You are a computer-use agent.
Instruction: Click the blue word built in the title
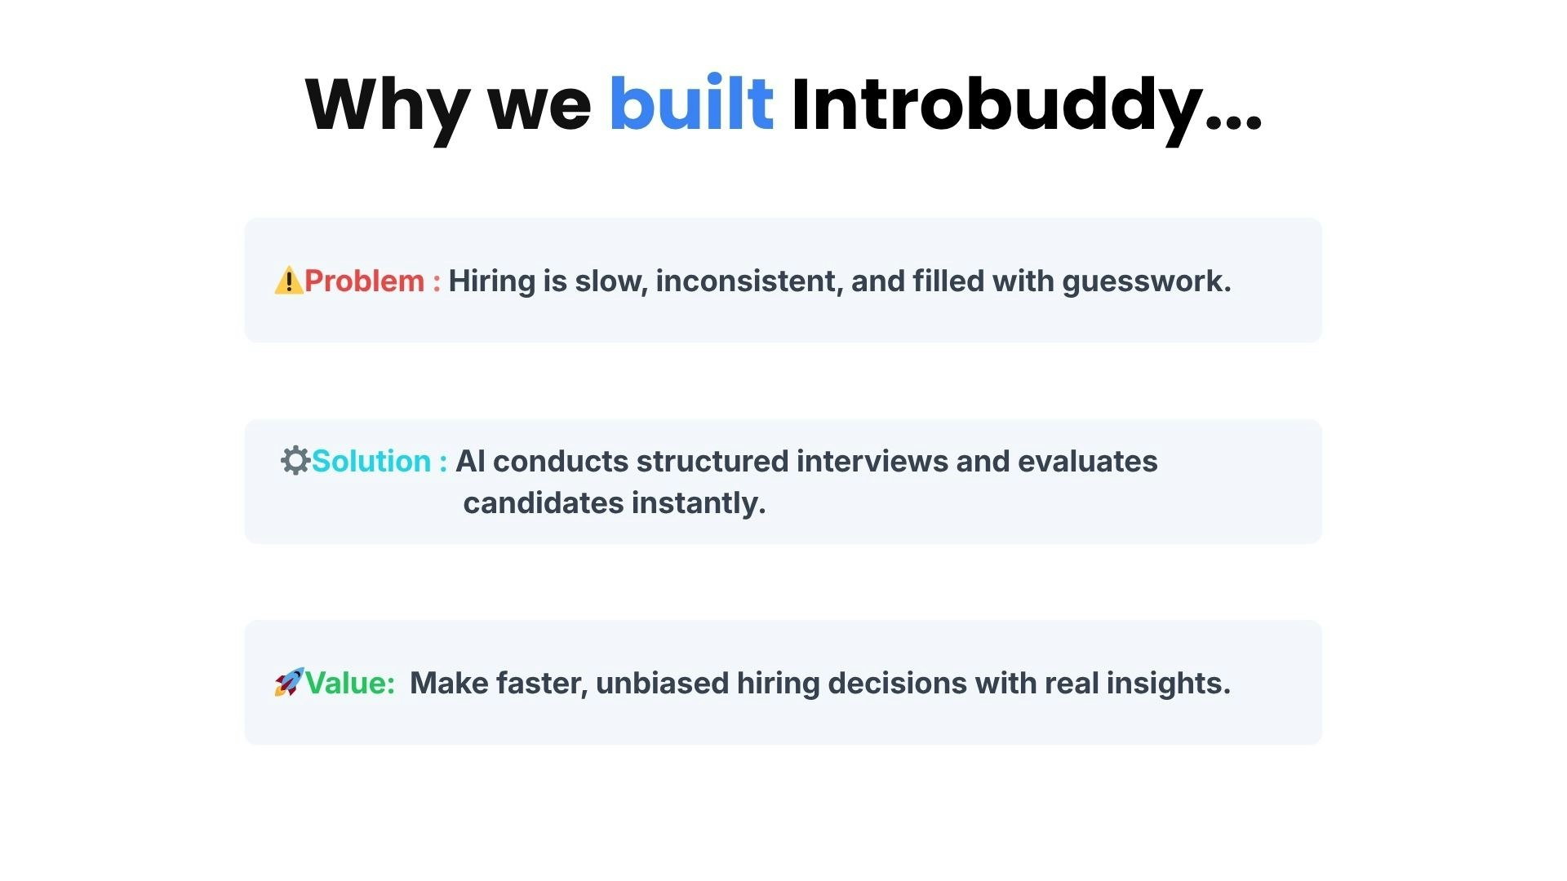690,104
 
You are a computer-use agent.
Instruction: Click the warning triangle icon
288,281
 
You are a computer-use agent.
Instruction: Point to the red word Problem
364,281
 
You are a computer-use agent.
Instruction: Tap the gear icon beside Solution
295,461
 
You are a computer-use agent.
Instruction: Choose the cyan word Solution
371,462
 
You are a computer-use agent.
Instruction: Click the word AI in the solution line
470,462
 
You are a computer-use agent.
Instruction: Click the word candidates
543,503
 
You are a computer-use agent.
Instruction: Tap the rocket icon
288,683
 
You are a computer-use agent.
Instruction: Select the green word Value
348,684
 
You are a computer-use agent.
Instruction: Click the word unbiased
661,684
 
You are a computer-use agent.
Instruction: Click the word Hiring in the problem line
491,281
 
